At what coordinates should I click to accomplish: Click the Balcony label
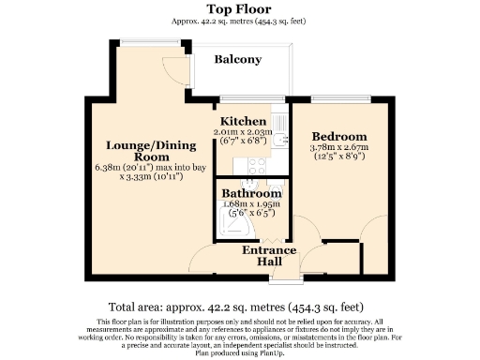(237, 59)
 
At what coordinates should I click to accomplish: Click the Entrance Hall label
(269, 256)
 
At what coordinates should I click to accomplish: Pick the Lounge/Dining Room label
(151, 153)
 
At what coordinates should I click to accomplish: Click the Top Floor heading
(239, 8)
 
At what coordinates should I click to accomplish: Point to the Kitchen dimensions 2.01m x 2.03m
(243, 133)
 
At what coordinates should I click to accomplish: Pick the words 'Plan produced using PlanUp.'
(239, 354)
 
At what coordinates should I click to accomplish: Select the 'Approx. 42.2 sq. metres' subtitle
(239, 21)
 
